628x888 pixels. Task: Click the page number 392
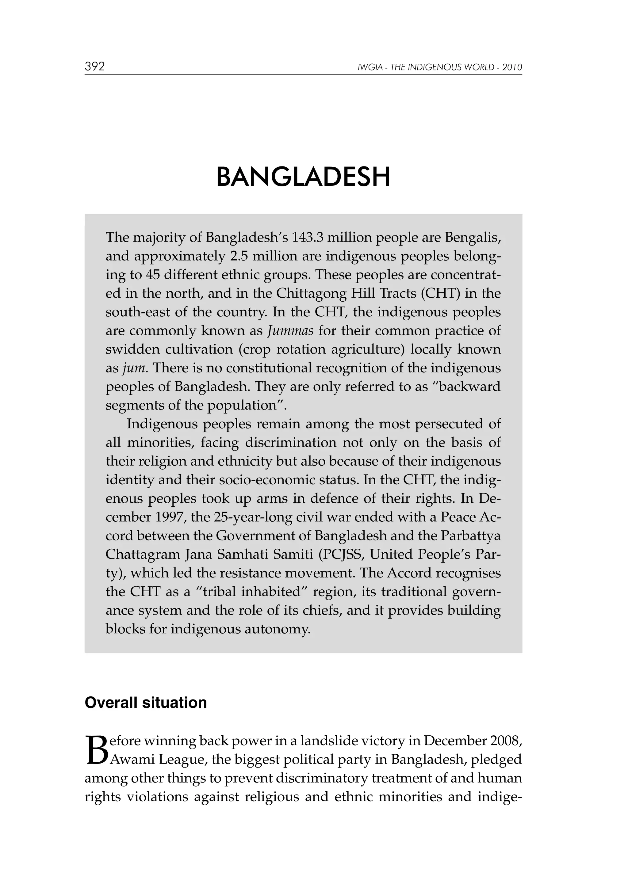[x=95, y=67]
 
